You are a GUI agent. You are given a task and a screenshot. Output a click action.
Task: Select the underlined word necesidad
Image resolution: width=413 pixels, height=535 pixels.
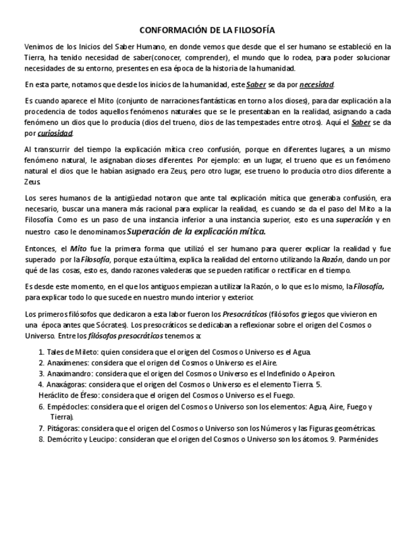(317, 84)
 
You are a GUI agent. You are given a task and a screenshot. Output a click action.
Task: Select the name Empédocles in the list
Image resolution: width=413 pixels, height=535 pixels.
(69, 407)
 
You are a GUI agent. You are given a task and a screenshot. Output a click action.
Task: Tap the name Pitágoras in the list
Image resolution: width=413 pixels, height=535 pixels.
(64, 427)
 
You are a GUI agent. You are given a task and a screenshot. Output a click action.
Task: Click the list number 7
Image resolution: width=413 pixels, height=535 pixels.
(41, 427)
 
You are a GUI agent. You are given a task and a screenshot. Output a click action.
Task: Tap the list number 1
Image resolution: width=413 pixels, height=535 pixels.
(41, 351)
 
